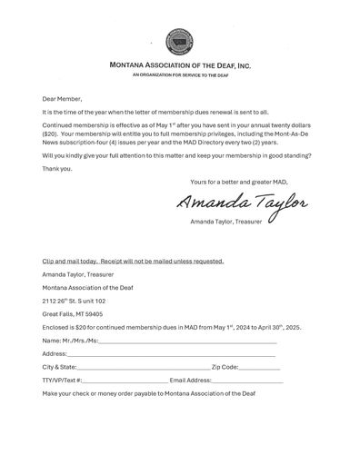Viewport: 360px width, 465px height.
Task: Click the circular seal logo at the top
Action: tap(179, 43)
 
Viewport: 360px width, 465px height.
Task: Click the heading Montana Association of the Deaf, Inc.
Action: tap(179, 66)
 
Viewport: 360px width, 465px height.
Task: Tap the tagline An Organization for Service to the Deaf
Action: tap(179, 76)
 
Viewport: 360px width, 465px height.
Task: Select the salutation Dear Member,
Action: tap(63, 97)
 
